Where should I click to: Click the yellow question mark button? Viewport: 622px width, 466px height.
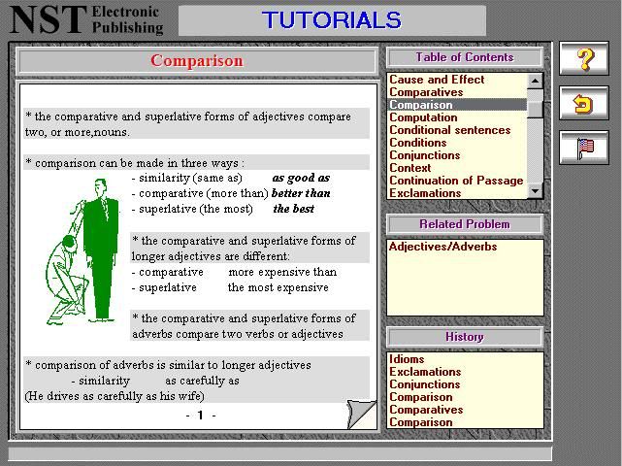click(x=583, y=58)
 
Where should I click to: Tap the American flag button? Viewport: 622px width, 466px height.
click(x=583, y=148)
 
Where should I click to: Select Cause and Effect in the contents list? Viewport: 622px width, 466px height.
click(x=437, y=80)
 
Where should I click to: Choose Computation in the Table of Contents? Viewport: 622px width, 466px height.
click(x=423, y=117)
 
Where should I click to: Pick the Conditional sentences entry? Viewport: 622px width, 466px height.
click(x=450, y=130)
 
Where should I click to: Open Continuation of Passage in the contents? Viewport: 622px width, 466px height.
click(x=456, y=181)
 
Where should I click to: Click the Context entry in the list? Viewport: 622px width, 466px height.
click(x=409, y=168)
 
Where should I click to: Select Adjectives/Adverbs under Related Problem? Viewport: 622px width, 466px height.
click(x=442, y=247)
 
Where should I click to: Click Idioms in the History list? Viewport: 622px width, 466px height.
click(x=407, y=359)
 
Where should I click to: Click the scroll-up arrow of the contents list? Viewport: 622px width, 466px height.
click(x=535, y=81)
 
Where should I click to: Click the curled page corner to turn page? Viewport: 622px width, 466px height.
click(x=361, y=414)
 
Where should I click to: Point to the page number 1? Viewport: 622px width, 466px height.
click(x=200, y=416)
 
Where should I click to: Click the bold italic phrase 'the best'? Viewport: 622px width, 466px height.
click(x=294, y=209)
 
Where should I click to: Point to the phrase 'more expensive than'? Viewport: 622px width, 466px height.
click(x=282, y=272)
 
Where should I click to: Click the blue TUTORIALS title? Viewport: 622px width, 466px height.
click(x=332, y=19)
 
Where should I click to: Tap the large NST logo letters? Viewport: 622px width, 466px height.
click(x=48, y=19)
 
